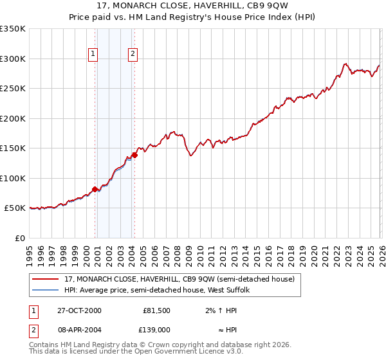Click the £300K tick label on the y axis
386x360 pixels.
13,59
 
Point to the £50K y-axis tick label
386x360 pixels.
15,208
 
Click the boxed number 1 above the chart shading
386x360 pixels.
94,55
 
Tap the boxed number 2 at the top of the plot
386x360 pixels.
133,55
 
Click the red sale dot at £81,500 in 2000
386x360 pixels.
95,189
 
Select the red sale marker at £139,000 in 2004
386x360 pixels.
134,155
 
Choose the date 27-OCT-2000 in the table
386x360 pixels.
79,310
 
